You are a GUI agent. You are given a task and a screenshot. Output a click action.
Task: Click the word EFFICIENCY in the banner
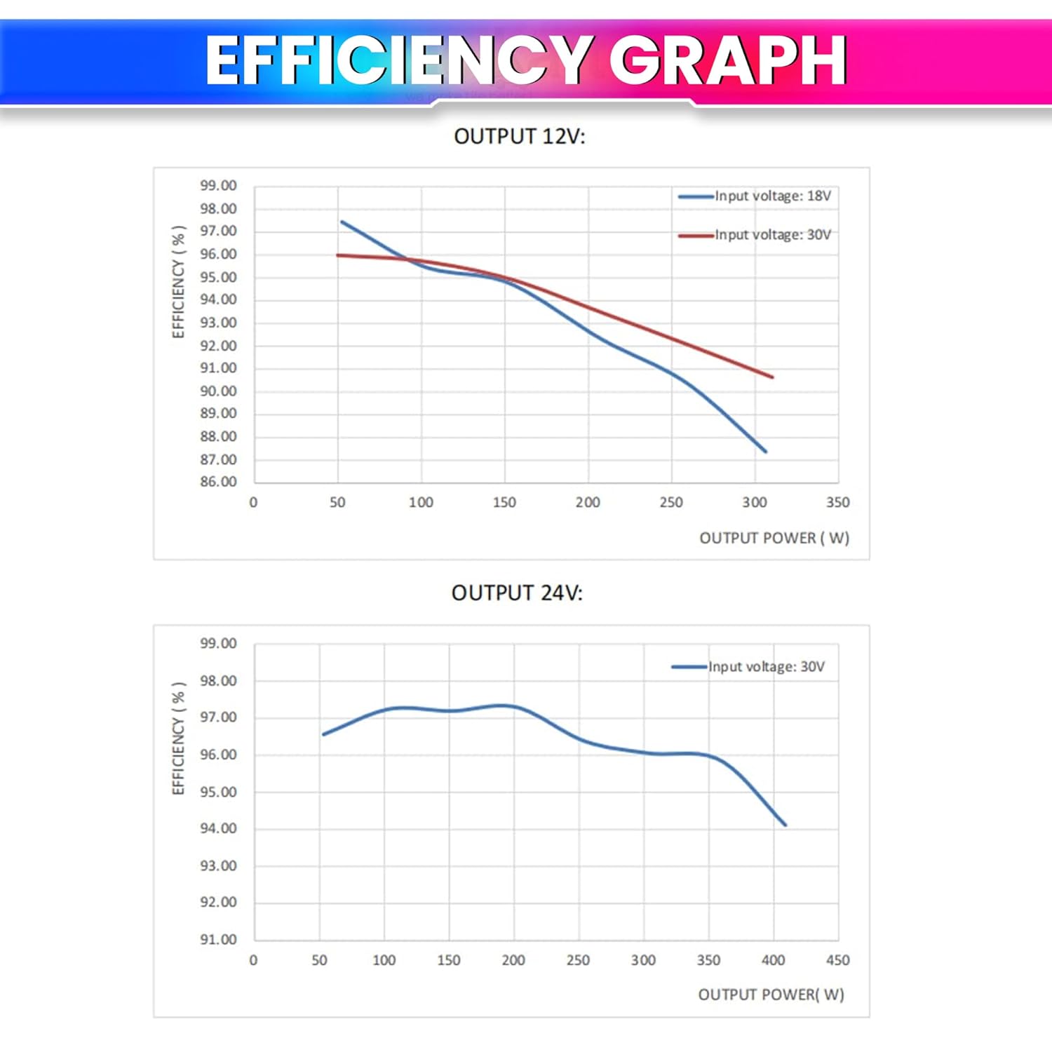click(398, 62)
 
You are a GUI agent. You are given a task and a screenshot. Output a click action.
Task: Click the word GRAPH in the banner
click(727, 62)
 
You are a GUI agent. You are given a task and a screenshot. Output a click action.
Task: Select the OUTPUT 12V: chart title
click(519, 136)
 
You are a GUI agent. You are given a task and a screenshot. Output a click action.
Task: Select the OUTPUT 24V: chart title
click(517, 593)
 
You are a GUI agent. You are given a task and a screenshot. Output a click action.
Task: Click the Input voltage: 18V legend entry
click(756, 196)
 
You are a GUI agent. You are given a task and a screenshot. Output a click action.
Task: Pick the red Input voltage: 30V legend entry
click(756, 235)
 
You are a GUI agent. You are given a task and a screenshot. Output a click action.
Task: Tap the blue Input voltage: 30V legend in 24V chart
click(749, 667)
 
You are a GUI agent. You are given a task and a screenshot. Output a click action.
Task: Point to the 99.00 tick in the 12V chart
click(218, 186)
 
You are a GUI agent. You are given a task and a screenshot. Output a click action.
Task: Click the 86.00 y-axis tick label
click(218, 482)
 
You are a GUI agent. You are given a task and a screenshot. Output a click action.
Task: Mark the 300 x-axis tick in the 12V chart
click(755, 502)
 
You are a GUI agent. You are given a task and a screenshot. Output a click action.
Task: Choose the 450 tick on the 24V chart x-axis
click(837, 960)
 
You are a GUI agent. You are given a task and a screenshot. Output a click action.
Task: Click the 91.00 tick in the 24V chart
click(218, 939)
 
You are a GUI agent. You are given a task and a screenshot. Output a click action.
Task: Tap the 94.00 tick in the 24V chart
click(218, 828)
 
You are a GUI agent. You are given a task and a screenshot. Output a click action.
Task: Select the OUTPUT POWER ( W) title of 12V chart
click(774, 538)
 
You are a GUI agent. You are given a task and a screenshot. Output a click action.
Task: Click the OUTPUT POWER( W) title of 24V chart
click(771, 994)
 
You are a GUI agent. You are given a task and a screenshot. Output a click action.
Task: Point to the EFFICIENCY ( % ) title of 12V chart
click(179, 282)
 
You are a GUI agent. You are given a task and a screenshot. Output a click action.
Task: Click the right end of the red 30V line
click(772, 377)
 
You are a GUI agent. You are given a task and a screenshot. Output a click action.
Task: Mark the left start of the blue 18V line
click(342, 222)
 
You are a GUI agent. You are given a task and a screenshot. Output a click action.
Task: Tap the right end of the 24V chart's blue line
click(785, 825)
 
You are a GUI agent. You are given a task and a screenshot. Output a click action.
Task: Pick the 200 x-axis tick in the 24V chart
click(513, 960)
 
